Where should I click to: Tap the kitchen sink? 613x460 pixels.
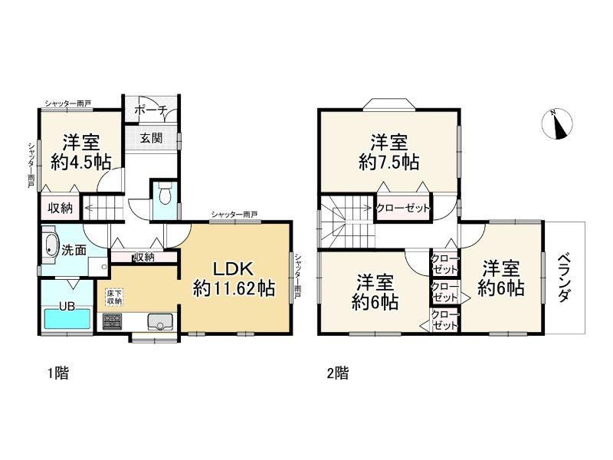[160, 321]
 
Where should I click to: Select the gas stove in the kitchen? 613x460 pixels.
[112, 321]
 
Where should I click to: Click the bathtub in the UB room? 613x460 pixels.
[67, 319]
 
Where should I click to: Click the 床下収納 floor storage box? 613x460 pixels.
[114, 297]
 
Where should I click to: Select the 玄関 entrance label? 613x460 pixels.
[151, 138]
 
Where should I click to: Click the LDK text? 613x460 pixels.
[234, 269]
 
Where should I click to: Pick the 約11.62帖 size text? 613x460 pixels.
[234, 289]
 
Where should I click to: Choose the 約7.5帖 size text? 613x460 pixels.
[389, 162]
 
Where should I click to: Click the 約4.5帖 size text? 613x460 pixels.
[81, 161]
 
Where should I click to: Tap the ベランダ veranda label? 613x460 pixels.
[563, 278]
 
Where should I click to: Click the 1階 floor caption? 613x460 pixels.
[58, 373]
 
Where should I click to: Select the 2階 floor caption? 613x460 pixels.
[337, 373]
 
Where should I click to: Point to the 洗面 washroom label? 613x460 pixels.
[74, 250]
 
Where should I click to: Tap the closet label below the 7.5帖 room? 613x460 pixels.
[403, 209]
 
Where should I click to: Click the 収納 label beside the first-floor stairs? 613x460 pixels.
[61, 208]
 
